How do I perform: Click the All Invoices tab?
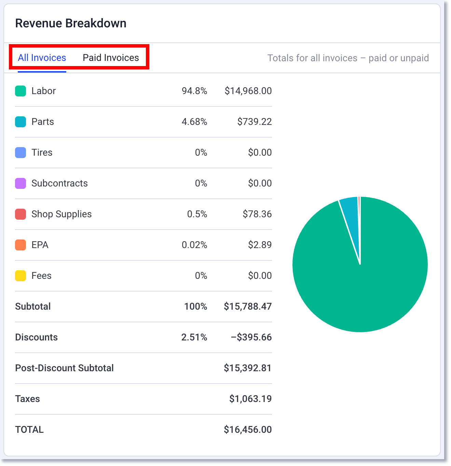42,58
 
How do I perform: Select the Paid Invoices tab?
111,58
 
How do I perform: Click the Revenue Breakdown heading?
71,23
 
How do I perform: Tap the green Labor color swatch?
20,91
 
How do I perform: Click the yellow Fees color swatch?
20,276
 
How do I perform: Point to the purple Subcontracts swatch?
20,183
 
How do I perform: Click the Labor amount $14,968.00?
248,91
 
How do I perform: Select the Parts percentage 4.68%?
194,122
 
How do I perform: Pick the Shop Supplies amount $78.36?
257,214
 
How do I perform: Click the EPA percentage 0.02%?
194,245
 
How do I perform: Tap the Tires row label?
42,153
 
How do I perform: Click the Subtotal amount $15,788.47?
248,307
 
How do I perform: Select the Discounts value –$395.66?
251,337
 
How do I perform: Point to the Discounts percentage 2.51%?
194,337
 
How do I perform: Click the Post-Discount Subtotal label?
64,368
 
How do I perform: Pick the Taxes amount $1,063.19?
250,399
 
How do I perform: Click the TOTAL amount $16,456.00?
248,430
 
